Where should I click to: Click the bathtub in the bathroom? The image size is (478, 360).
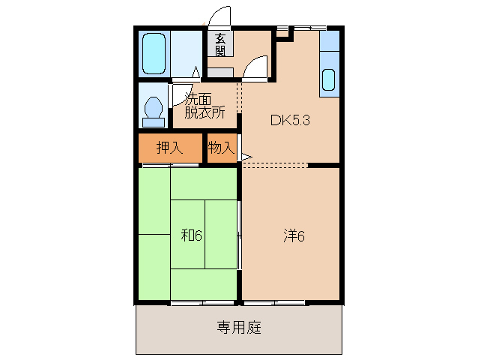click(154, 53)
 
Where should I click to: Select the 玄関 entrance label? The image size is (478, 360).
click(220, 45)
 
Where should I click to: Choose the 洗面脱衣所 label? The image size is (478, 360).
click(205, 106)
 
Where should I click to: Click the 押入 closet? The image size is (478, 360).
click(169, 148)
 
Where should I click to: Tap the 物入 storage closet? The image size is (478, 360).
click(221, 148)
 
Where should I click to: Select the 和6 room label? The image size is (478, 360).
click(191, 235)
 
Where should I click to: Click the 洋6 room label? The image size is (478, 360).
click(293, 235)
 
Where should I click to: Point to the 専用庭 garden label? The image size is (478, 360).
click(239, 328)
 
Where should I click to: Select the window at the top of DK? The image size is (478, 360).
click(304, 28)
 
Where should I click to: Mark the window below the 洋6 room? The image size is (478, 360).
click(274, 302)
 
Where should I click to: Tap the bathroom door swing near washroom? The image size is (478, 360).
click(193, 73)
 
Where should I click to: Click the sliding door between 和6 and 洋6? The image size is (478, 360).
click(240, 236)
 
